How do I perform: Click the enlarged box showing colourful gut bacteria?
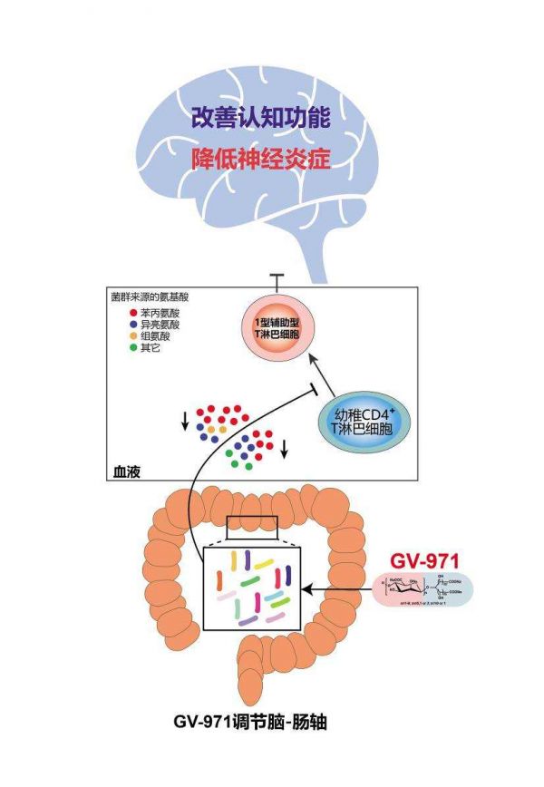point(253,589)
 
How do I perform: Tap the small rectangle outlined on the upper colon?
point(252,525)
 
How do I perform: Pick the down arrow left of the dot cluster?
point(186,420)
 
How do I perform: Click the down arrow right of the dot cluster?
point(286,448)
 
